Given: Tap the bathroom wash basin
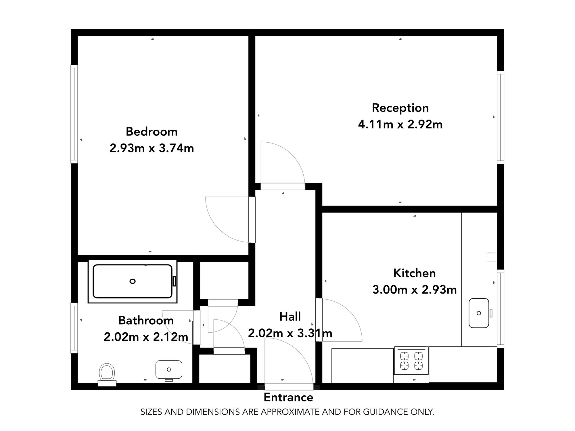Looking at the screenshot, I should point(169,369).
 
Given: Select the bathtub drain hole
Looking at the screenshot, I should point(133,281).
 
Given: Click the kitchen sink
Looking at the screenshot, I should point(479,313).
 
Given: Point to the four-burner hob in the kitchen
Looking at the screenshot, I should point(411,361).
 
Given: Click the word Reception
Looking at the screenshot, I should point(400,108).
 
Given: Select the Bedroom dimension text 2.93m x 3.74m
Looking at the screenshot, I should point(152,148).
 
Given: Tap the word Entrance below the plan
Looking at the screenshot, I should point(288,397).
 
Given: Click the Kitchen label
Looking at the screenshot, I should point(414,273).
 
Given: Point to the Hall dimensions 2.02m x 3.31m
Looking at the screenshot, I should point(290,333).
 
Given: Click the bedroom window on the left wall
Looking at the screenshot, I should point(74,114).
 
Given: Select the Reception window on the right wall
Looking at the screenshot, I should point(501,117).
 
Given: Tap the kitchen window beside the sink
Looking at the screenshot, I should point(501,309).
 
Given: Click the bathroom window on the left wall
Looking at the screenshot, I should point(74,328).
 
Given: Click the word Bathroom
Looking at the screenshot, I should point(146,320).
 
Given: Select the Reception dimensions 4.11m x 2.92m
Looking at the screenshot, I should point(400,124).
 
